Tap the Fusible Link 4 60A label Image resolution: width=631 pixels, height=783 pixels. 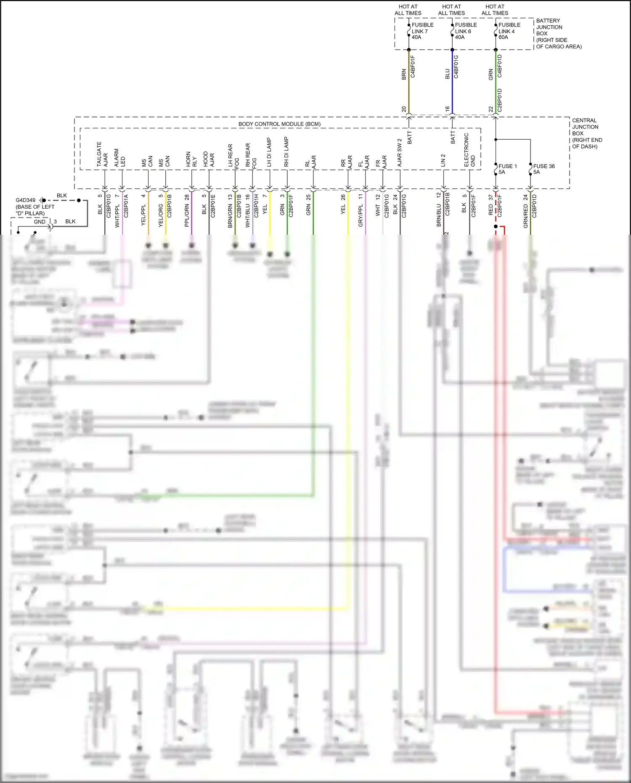509,31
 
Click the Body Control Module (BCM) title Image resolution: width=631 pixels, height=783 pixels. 279,124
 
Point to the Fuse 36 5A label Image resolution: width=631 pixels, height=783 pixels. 544,169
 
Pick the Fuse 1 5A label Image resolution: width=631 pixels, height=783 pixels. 507,169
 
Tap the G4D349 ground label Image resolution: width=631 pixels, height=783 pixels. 26,200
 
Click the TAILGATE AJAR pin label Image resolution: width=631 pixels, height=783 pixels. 102,154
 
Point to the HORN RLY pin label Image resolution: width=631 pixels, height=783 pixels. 191,159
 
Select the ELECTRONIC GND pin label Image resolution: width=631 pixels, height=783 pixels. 469,150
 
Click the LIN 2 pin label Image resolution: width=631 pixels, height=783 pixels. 443,160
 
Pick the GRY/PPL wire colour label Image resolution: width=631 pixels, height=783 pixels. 361,216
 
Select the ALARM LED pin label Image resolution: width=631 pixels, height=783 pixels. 119,157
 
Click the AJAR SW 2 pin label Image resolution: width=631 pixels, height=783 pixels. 399,152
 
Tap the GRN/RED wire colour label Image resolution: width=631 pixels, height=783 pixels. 525,217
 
